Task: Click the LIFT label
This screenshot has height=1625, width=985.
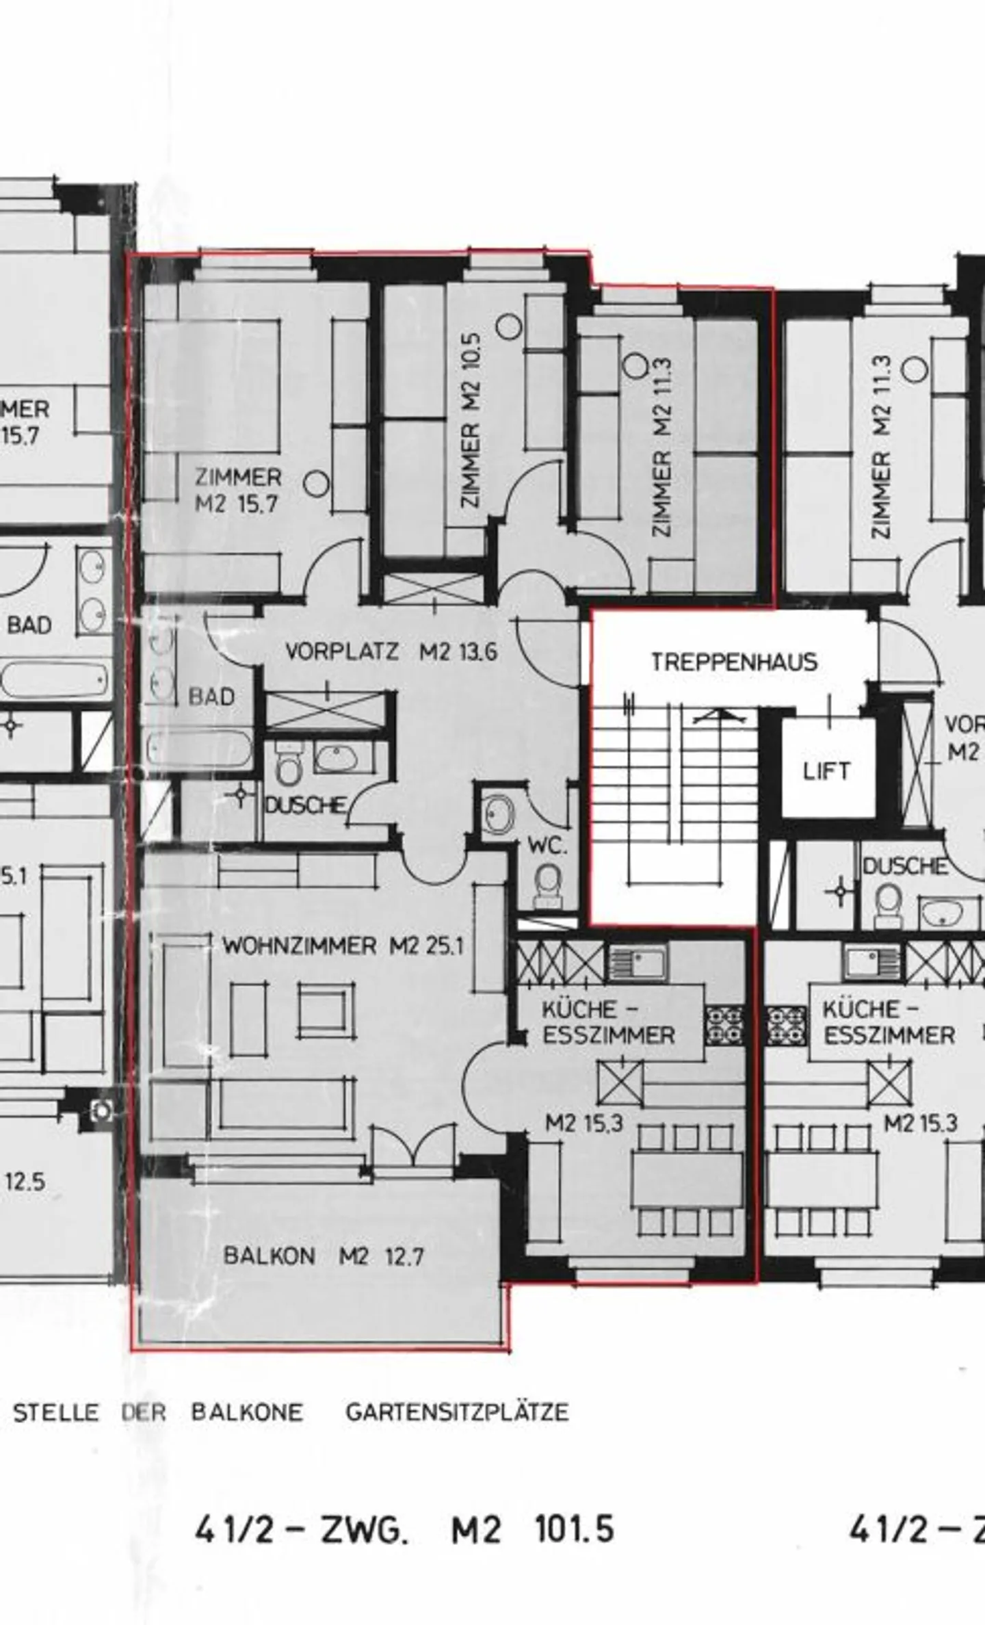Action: tap(826, 772)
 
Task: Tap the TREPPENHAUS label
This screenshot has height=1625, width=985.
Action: tap(734, 662)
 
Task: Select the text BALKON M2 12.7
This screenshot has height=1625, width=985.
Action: tap(323, 1256)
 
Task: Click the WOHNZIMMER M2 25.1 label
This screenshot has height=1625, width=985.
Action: tap(343, 946)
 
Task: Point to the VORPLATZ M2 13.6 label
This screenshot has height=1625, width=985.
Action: tap(391, 651)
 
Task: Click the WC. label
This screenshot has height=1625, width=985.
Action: tap(547, 846)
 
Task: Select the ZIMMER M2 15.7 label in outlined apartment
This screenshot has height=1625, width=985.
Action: tap(237, 490)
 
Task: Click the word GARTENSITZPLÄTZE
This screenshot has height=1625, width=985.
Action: tap(457, 1412)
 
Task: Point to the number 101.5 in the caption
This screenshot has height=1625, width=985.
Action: tap(574, 1530)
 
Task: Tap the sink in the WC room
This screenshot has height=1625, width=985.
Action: tap(498, 814)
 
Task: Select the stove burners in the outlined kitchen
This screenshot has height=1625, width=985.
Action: tap(724, 1024)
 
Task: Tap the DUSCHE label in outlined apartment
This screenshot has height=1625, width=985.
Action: tap(304, 805)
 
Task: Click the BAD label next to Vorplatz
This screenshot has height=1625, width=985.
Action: tap(211, 697)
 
